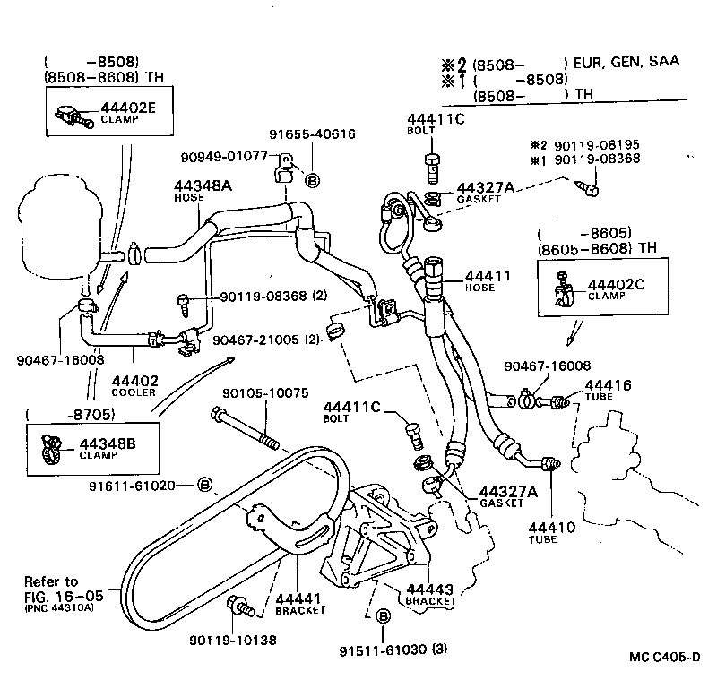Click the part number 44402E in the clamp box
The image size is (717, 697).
[128, 107]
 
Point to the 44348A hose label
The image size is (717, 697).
[202, 185]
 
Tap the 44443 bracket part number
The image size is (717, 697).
[430, 589]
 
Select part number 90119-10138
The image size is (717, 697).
[232, 641]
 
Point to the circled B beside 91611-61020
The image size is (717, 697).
[204, 485]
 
